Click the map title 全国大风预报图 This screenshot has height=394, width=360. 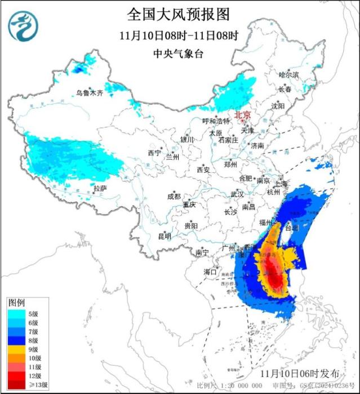pyautogui.click(x=179, y=13)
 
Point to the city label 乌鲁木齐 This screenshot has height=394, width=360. pyautogui.click(x=90, y=93)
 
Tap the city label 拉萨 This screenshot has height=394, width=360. pyautogui.click(x=100, y=188)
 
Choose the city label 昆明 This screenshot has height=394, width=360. pyautogui.click(x=164, y=236)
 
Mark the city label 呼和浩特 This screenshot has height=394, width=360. pyautogui.click(x=216, y=120)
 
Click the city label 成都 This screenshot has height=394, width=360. pyautogui.click(x=174, y=196)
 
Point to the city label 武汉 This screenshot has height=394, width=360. pyautogui.click(x=237, y=194)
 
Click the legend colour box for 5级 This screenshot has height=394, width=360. pyautogui.click(x=16, y=314)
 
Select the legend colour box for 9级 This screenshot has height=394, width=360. pyautogui.click(x=16, y=350)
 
